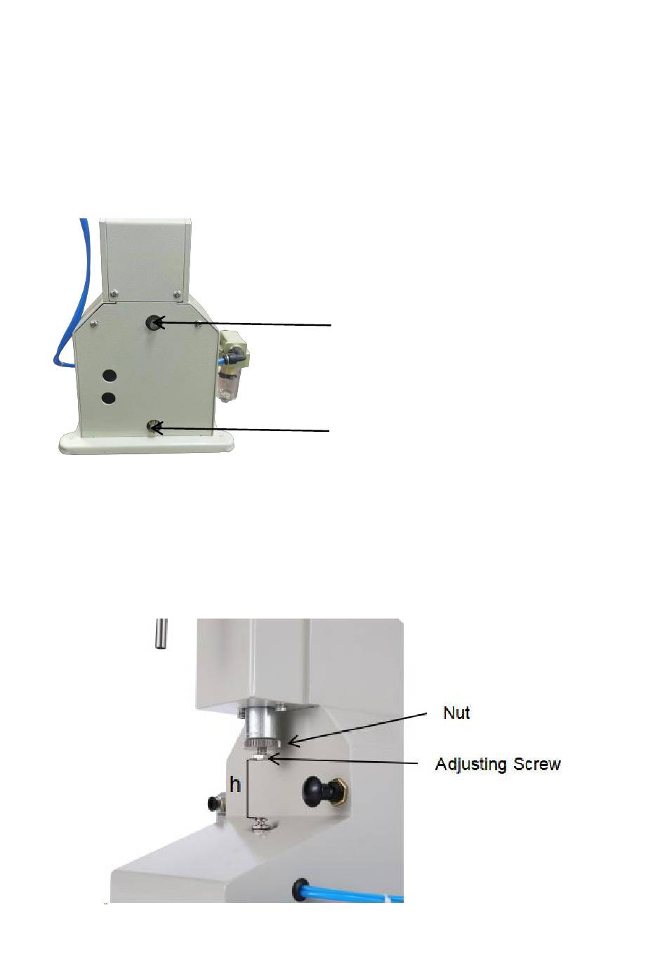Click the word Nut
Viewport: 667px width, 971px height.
point(456,713)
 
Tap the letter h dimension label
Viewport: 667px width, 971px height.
point(235,784)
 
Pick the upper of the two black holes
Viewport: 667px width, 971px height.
point(108,376)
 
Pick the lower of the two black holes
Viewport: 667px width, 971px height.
point(108,398)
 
